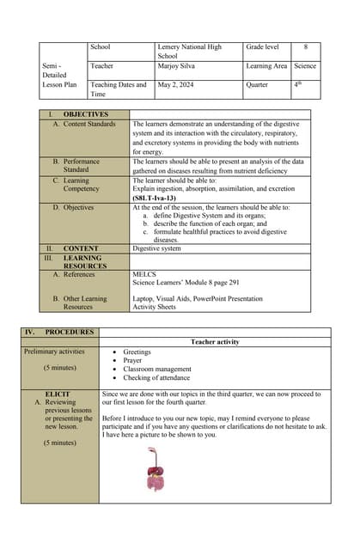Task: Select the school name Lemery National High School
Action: point(189,51)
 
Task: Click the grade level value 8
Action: point(305,46)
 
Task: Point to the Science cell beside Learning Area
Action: point(304,65)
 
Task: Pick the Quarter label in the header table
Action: point(257,85)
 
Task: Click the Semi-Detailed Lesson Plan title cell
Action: point(60,75)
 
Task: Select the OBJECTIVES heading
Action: point(85,114)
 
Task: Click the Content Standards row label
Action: point(89,124)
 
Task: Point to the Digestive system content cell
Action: point(156,248)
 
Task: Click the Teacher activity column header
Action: point(215,342)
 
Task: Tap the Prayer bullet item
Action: point(132,360)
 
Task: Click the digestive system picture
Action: point(155,468)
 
